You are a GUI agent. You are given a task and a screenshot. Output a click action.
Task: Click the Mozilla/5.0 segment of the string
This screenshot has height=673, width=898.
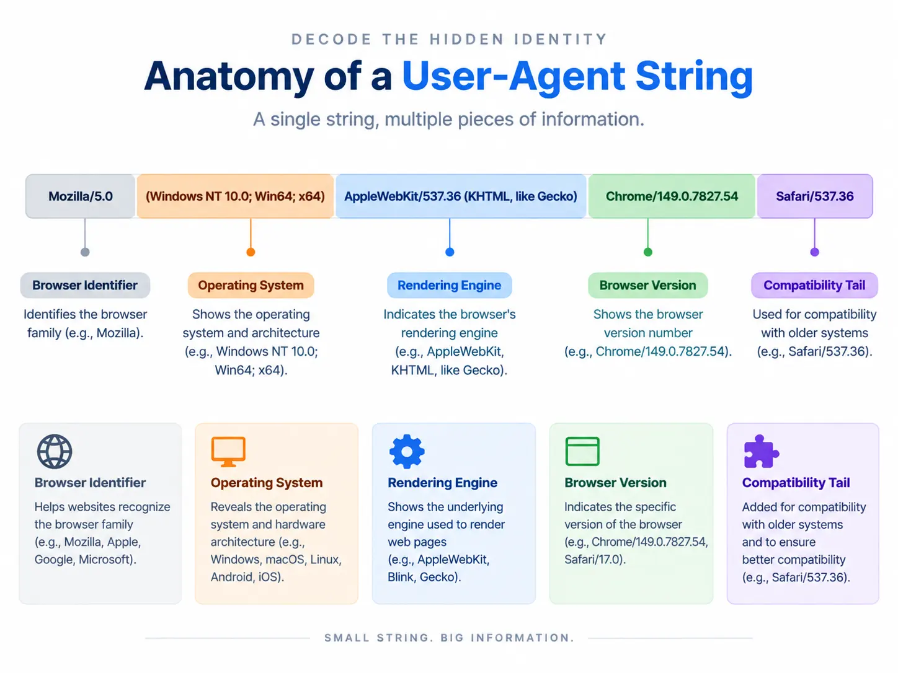click(x=80, y=196)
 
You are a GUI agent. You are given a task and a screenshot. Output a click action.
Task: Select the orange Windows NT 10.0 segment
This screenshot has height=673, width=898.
click(x=235, y=196)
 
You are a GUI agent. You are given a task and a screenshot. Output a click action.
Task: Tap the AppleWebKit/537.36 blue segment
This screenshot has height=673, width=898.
click(x=461, y=196)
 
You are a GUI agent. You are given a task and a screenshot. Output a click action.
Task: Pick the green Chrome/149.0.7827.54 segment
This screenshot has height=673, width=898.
click(x=672, y=196)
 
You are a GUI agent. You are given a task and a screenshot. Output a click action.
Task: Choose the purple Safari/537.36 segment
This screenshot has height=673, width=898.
click(x=815, y=196)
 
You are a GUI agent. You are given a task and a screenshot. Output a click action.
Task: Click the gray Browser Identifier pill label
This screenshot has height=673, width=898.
click(x=85, y=285)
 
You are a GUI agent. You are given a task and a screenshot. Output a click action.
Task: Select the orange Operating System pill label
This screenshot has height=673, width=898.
click(x=251, y=285)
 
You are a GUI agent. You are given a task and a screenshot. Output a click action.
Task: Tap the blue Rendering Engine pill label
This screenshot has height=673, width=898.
click(x=449, y=285)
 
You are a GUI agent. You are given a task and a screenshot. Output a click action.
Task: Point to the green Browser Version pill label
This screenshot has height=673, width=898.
click(x=647, y=285)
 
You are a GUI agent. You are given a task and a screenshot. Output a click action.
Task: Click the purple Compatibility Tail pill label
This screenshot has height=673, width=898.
click(x=814, y=285)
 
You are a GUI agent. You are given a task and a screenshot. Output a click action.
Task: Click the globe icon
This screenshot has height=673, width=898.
click(x=55, y=452)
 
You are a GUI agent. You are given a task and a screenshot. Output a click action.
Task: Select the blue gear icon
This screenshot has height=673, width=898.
click(x=407, y=452)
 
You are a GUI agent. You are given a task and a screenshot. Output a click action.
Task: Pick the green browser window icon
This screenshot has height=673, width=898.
click(x=582, y=452)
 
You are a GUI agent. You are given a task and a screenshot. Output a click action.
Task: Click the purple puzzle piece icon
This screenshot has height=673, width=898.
click(x=761, y=452)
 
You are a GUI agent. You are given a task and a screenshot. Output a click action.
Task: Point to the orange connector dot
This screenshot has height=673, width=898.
click(x=251, y=252)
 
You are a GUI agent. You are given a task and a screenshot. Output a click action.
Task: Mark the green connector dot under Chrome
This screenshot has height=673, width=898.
click(x=648, y=252)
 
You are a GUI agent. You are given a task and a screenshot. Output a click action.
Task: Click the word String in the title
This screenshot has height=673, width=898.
click(x=694, y=77)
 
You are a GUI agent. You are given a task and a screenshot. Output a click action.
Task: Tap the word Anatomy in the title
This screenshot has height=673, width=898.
click(x=229, y=77)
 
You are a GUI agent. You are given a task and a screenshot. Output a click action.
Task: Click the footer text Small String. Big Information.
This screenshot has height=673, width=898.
click(x=449, y=638)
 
